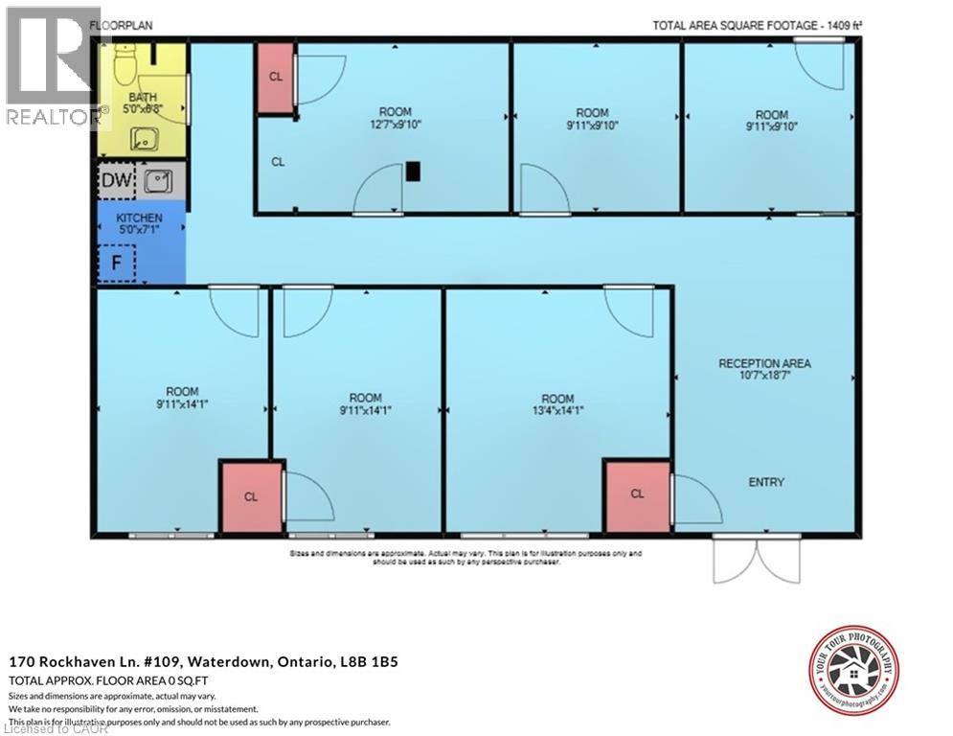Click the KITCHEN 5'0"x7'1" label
click(x=140, y=224)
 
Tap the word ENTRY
click(x=766, y=482)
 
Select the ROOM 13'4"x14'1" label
click(x=557, y=404)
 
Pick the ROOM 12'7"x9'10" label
click(x=396, y=118)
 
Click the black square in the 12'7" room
click(x=412, y=172)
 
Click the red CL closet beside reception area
click(x=637, y=494)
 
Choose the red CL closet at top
click(x=275, y=78)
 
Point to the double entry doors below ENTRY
click(x=757, y=560)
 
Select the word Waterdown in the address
click(x=227, y=661)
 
